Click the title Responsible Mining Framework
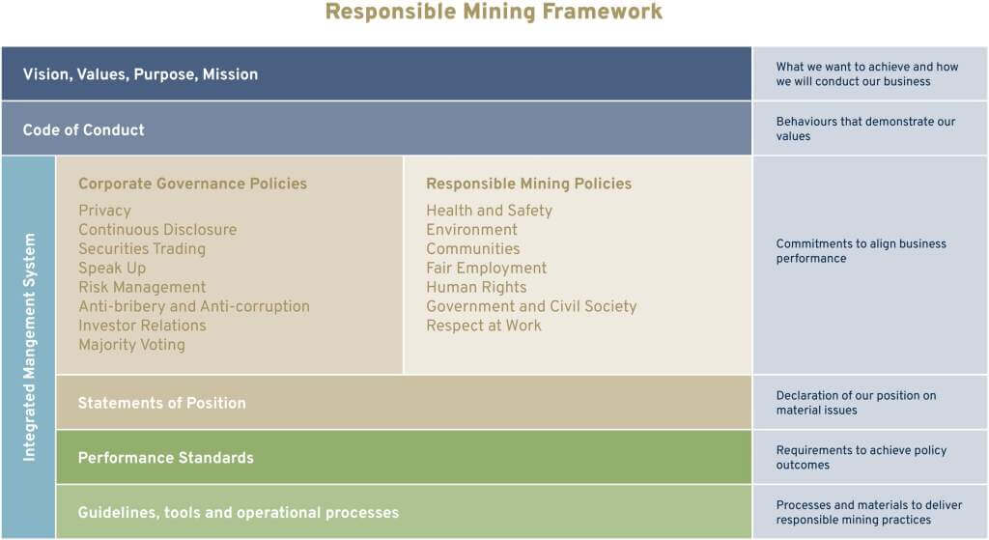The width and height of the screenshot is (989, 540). pos(494,12)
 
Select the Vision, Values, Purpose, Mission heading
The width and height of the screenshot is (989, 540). pos(141,74)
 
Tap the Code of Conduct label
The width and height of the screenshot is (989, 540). pos(83,130)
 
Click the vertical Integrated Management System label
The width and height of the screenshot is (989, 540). pos(29,347)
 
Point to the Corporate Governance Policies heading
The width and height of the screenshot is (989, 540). pos(192,184)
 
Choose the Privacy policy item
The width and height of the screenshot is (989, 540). pos(104,211)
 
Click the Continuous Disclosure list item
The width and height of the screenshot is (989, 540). pos(157,230)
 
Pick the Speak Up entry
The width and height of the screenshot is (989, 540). pos(112,269)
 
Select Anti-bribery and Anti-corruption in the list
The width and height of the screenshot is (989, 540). pos(194,306)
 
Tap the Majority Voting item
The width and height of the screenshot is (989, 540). pos(131,345)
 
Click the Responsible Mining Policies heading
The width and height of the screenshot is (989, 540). pos(528,184)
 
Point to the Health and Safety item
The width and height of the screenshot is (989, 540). pos(489,211)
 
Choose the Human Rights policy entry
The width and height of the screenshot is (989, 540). pos(476,288)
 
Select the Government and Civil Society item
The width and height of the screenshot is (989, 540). pos(531,306)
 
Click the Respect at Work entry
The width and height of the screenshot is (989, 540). pos(484,326)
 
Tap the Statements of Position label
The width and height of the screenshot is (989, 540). pos(162,403)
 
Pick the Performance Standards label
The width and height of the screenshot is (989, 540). pos(166,458)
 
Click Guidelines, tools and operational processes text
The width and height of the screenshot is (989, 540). pos(239,513)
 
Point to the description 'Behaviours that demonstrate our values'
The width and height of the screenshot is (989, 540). pos(865,128)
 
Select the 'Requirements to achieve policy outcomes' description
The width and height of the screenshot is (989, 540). pos(861,457)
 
